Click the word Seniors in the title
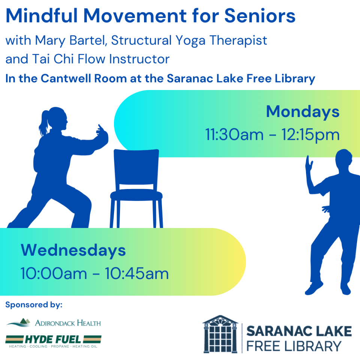pyautogui.click(x=259, y=16)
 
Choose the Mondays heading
pyautogui.click(x=303, y=112)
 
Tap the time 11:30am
pyautogui.click(x=234, y=135)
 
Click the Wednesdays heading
pyautogui.click(x=73, y=250)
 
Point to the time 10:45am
pyautogui.click(x=137, y=274)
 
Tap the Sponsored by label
pyautogui.click(x=34, y=305)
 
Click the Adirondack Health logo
pyautogui.click(x=54, y=322)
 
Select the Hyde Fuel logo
pyautogui.click(x=53, y=341)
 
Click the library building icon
pyautogui.click(x=220, y=334)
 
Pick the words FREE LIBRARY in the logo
pyautogui.click(x=294, y=346)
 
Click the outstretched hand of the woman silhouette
pyautogui.click(x=102, y=133)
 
